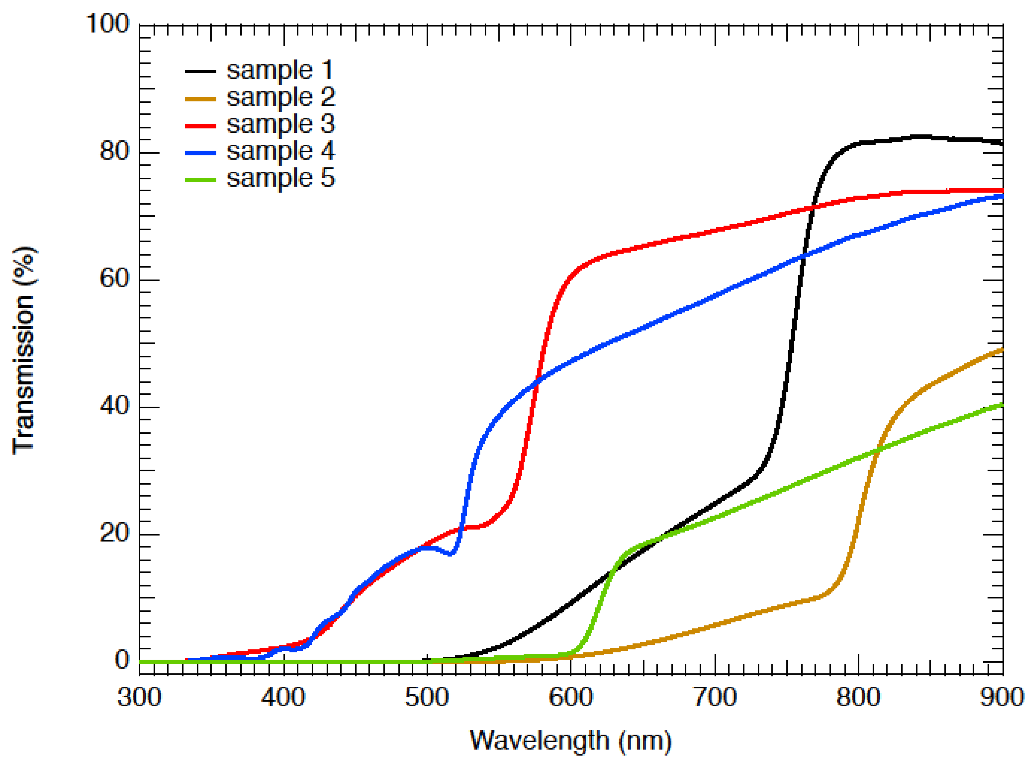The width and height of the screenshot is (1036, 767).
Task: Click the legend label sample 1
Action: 280,71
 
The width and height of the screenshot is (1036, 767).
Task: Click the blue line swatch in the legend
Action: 200,153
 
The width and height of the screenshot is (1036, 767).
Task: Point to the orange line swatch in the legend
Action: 200,99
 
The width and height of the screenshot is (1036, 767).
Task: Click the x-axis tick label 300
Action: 139,698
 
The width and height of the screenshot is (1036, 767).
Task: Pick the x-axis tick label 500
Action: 427,698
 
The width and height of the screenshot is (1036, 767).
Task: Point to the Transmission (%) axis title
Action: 23,350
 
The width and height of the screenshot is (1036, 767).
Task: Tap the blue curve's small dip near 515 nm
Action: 450,553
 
